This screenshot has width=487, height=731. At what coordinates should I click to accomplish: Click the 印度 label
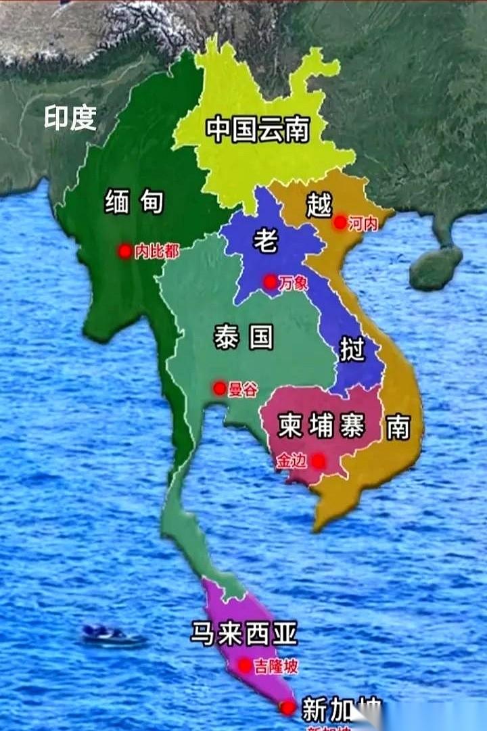pos(70,118)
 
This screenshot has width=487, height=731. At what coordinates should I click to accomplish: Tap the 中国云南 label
pos(258,129)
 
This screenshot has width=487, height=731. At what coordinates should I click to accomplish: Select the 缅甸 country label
pos(134,201)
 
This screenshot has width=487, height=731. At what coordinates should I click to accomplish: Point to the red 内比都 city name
pos(157,252)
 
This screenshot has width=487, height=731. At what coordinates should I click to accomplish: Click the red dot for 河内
pos(340,222)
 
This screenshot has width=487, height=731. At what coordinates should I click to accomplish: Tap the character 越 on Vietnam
pos(319,204)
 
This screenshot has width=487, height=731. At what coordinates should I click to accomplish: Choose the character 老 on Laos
pos(264,240)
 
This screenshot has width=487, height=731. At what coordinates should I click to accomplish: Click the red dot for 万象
pos(270,282)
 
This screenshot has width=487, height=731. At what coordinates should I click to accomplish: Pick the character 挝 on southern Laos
pos(352,350)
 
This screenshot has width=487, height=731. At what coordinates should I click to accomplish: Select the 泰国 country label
pos(243,335)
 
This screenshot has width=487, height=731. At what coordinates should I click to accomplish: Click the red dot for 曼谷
pos(219,389)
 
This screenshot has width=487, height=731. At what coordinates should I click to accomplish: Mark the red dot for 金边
pos(318,461)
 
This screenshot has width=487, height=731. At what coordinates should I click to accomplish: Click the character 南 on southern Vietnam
pos(398,427)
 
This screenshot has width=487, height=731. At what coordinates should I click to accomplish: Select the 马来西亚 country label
pos(243,634)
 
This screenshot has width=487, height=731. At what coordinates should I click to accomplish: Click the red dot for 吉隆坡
pos(244,666)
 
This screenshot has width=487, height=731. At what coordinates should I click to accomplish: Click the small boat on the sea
pos(112,635)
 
